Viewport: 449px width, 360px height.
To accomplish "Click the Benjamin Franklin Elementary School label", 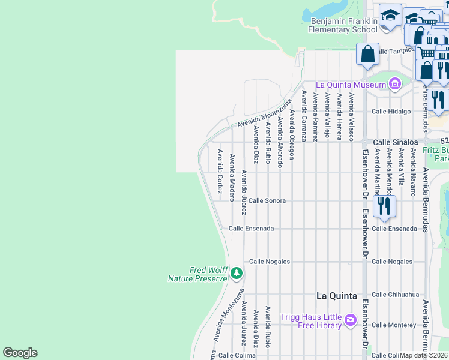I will tap(343, 25).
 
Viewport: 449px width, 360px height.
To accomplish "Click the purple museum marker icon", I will tap(394, 84).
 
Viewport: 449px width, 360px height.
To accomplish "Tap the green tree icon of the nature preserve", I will tap(237, 274).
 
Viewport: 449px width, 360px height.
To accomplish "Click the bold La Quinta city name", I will tap(336, 296).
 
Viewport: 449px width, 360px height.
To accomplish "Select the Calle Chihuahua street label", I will tap(394, 295).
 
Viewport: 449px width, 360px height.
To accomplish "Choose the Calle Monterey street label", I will tap(393, 325).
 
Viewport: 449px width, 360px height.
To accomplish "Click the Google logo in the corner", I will tap(20, 353).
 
